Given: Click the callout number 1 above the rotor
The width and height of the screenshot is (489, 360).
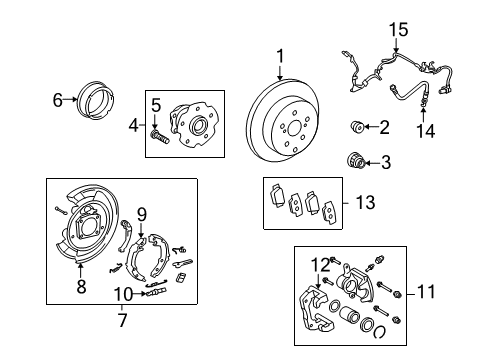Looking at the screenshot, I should [x=280, y=56].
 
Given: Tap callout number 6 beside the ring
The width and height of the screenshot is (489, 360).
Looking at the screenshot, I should [x=57, y=98].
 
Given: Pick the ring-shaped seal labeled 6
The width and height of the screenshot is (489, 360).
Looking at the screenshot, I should [x=93, y=98].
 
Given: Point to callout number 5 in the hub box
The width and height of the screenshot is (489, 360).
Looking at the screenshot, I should [x=156, y=103].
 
